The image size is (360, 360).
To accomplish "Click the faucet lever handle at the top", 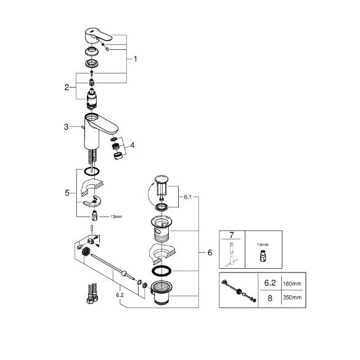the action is click(x=97, y=35).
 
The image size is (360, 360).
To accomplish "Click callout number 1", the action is click(x=136, y=59).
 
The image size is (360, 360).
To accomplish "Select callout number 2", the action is click(x=67, y=88).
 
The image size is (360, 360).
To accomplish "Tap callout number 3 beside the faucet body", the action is click(x=66, y=127).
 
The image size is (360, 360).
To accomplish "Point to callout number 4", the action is click(x=133, y=145).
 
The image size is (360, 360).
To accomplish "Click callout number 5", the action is click(x=67, y=193).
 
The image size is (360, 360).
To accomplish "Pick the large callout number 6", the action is click(x=210, y=253).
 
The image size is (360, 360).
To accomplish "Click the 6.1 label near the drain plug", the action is click(x=187, y=197).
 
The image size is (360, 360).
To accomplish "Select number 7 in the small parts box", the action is click(x=231, y=235).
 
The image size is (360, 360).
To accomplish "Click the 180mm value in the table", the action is click(x=292, y=284).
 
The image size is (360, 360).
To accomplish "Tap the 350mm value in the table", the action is click(x=292, y=298).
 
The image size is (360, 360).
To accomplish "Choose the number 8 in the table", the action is click(x=270, y=298).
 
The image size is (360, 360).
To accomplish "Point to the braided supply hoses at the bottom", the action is click(x=92, y=293).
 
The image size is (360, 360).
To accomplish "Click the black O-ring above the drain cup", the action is click(x=162, y=271).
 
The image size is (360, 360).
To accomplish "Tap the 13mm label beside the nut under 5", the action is click(x=116, y=216).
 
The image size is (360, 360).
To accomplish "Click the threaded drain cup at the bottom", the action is click(x=162, y=292).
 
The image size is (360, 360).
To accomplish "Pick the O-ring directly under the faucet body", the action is click(x=92, y=171).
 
